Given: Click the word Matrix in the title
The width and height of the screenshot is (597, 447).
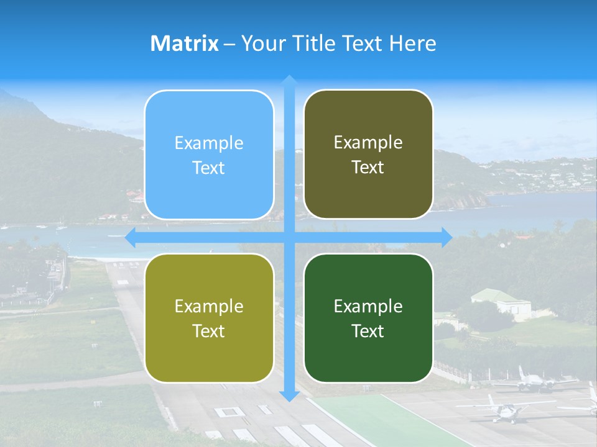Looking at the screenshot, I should tap(184, 43).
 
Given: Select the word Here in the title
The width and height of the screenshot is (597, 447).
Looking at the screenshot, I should tap(412, 43).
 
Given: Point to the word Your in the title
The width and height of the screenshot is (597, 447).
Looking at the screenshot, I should tap(261, 43).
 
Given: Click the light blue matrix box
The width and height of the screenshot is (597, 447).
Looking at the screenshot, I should tap(209, 155).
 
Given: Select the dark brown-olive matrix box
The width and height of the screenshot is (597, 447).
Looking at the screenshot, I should tap(368, 155).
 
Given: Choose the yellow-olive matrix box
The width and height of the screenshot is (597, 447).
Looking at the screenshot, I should tap(209, 318).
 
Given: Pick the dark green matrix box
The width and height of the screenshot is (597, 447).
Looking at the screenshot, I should tap(368, 318).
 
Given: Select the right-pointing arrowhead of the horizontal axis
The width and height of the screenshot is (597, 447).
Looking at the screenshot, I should tap(446, 237).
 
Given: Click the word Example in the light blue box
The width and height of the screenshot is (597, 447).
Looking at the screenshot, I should tap(209, 143).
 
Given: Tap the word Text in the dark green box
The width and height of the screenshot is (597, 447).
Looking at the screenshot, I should tap(368, 331).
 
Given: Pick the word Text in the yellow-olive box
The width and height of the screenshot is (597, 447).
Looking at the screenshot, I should tap(209, 331).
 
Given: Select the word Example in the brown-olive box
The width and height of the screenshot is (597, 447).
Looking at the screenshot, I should tap(368, 142).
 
